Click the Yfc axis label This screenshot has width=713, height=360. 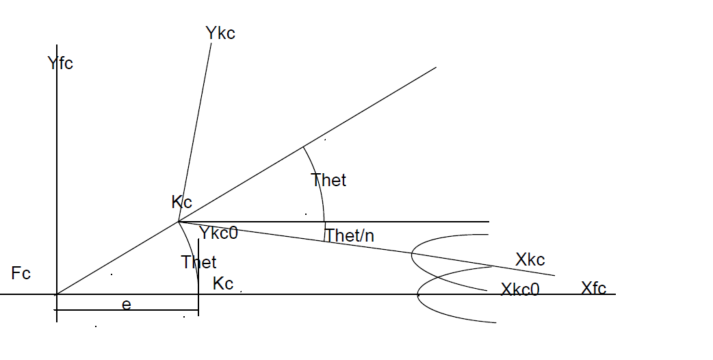pos(60,64)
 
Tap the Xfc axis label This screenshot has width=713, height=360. pos(593,287)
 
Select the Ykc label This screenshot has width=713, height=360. pos(220,33)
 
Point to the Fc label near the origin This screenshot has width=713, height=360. pos(21,274)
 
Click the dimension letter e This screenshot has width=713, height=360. pos(126,305)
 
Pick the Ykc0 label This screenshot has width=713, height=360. pos(218,233)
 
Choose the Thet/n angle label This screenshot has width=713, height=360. pos(350,235)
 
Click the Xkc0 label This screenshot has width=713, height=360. pos(520,289)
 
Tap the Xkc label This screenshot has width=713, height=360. pos(530,260)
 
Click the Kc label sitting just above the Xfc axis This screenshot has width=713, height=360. pos(223,283)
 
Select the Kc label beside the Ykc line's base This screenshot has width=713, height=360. pos(181,202)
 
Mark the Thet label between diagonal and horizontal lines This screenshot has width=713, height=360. pos(328,180)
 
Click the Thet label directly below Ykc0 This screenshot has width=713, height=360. pos(198,262)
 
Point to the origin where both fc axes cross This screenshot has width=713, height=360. pos(57,294)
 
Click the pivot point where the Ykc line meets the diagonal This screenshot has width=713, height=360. pos(179,221)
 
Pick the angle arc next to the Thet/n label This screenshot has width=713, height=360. pos(324,233)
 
